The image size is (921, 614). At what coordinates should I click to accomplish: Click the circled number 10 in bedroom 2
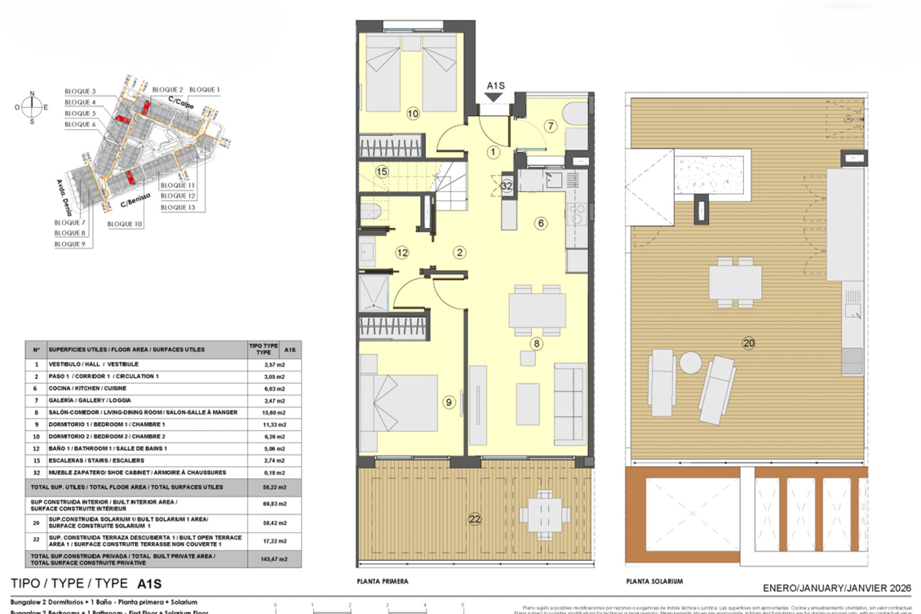[x=413, y=114]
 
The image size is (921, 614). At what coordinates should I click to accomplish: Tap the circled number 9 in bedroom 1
[x=449, y=402]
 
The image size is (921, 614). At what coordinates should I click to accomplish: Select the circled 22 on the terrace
[x=474, y=519]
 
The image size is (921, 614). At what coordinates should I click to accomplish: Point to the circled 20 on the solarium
[x=748, y=343]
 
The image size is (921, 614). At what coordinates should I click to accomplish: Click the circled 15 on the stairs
[x=382, y=172]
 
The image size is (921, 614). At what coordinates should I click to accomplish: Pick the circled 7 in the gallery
[x=551, y=126]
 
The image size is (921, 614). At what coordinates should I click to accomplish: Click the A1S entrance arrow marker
[x=494, y=97]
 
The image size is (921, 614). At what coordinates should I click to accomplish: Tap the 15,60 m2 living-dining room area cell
[x=274, y=413]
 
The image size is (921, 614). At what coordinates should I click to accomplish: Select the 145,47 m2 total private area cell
[x=274, y=559]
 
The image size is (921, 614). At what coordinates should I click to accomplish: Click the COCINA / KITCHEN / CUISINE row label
[x=87, y=389]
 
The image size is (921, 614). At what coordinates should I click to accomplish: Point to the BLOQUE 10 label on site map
[x=125, y=224]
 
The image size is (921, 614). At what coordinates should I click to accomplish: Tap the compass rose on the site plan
[x=32, y=107]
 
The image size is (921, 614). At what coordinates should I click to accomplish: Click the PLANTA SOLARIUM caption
[x=654, y=581]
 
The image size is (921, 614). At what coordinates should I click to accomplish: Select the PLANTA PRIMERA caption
[x=382, y=581]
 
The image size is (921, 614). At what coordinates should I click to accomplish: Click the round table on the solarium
[x=690, y=363]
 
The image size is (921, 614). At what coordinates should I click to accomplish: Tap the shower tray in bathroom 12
[x=373, y=293]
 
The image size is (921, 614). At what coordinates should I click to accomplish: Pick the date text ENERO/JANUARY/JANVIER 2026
[x=837, y=588]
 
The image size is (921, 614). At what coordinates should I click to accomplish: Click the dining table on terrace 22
[x=544, y=515]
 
